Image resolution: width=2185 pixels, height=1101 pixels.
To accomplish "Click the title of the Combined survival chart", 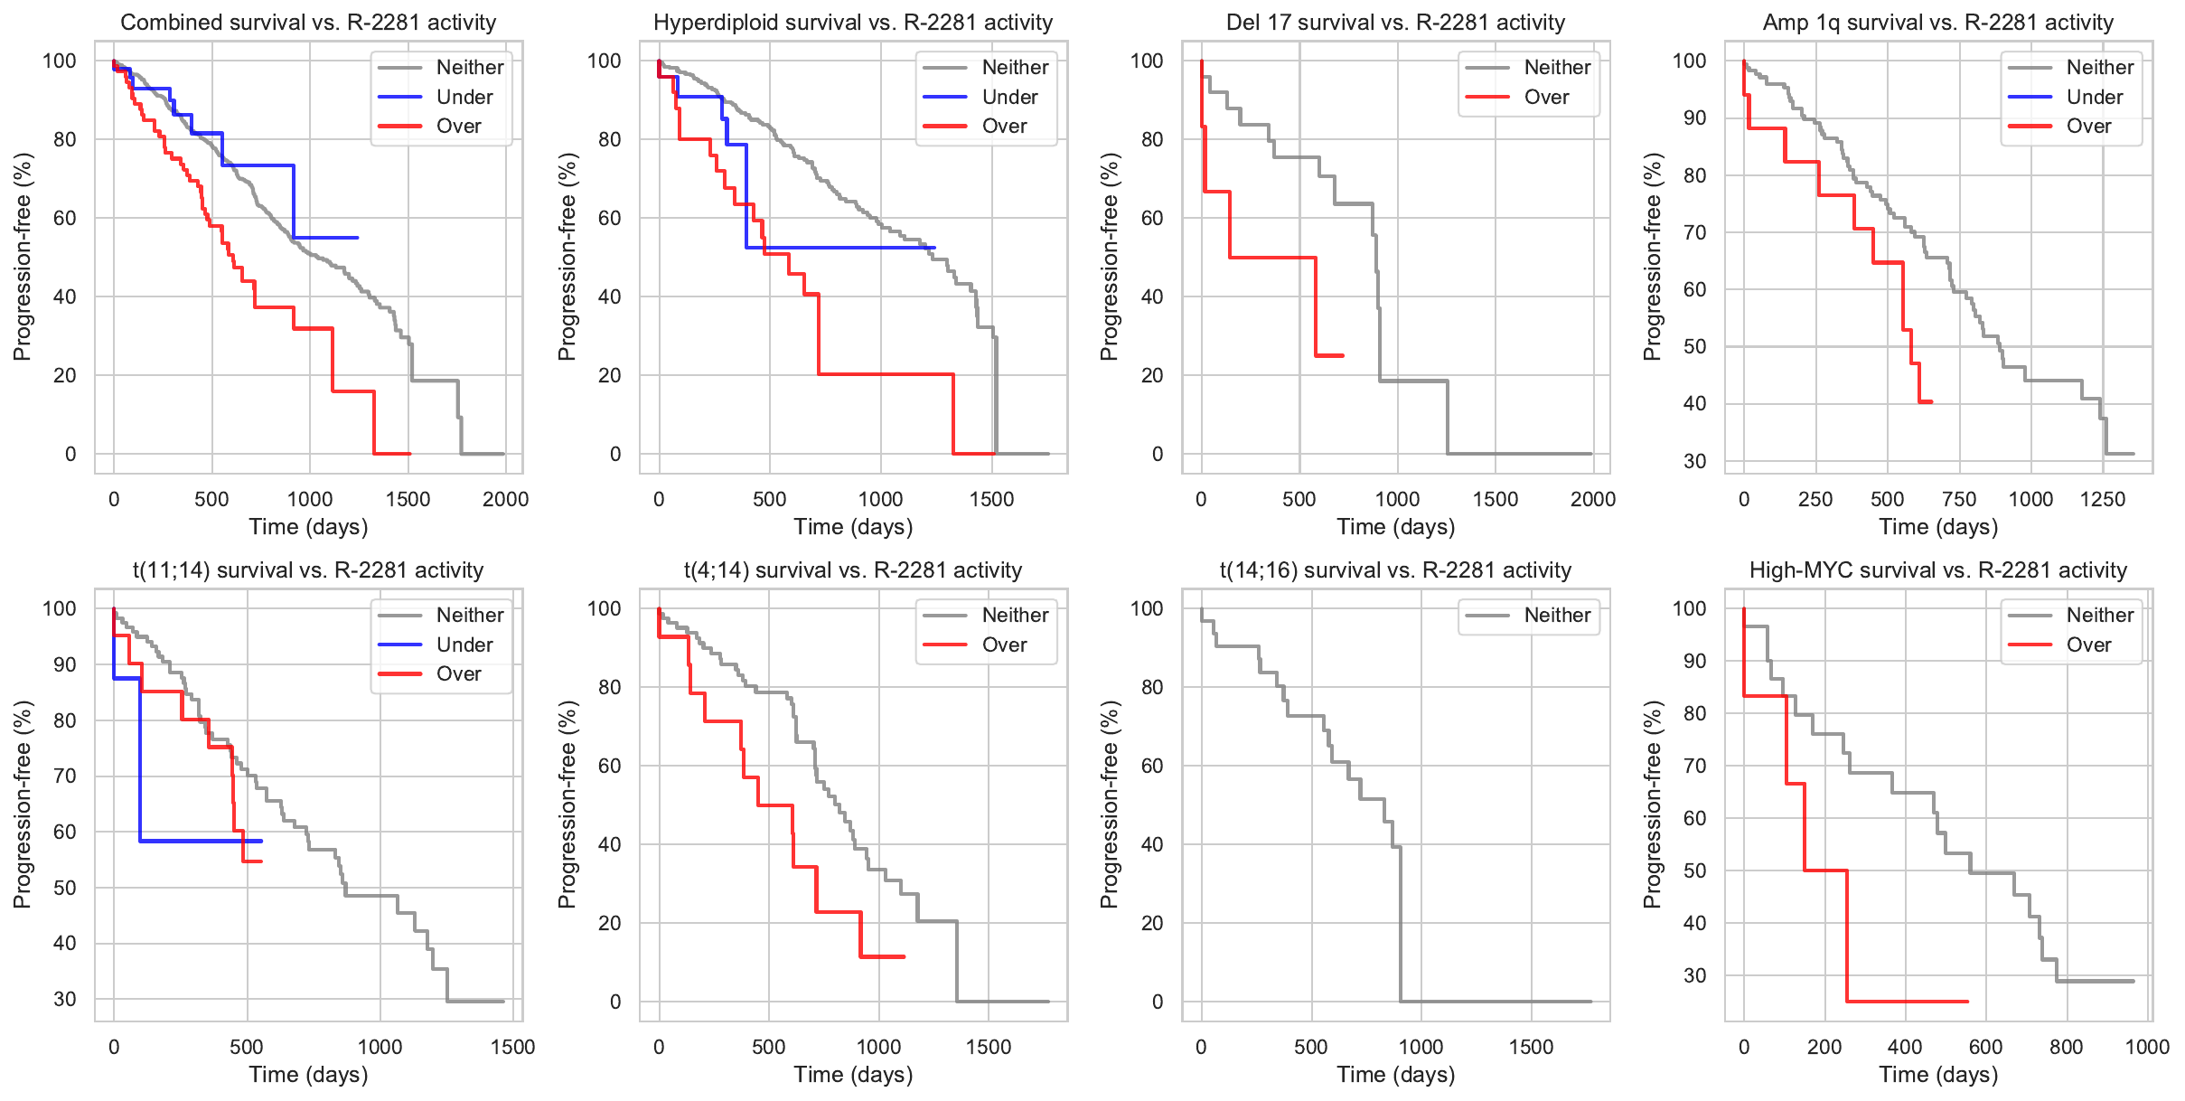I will click(x=308, y=23).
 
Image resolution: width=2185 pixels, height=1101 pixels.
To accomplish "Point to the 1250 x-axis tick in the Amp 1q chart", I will click(x=2103, y=499).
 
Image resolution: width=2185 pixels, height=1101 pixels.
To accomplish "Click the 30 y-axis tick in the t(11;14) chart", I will click(x=65, y=999).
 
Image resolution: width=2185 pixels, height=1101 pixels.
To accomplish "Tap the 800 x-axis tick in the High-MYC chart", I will click(x=2066, y=1047).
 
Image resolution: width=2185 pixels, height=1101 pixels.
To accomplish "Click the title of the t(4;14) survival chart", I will click(x=853, y=570).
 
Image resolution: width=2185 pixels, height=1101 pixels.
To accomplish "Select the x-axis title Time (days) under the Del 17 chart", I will click(x=1396, y=527).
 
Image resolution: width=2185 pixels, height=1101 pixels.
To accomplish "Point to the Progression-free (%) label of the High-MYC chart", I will click(x=1653, y=805).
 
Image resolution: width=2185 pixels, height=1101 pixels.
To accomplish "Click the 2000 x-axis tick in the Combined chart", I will click(x=505, y=499).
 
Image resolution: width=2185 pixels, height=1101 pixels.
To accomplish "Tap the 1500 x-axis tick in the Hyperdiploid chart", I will click(x=991, y=499).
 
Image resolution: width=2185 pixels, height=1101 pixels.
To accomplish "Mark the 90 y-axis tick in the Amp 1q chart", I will click(x=1695, y=118).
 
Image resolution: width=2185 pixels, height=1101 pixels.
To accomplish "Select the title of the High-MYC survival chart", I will click(x=1938, y=570).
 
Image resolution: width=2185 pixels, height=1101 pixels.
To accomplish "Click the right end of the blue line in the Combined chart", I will click(x=358, y=238).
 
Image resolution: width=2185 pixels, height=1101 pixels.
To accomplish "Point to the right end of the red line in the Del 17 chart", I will click(x=1344, y=355).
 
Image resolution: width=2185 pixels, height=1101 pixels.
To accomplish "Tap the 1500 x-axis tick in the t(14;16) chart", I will click(x=1531, y=1047).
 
